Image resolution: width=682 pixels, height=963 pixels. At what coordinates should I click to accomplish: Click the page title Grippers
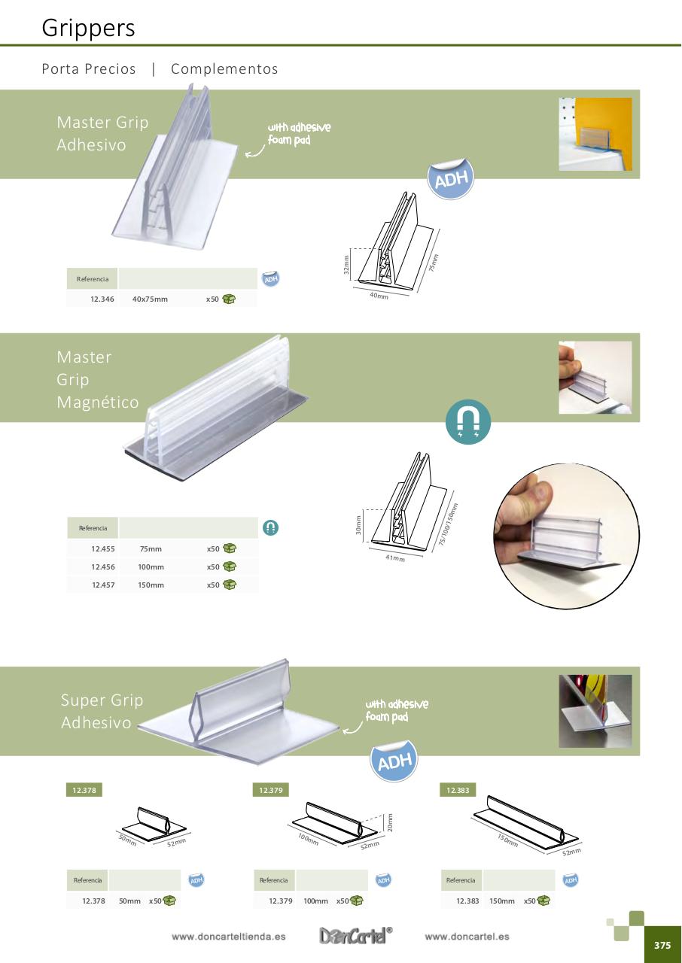[88, 28]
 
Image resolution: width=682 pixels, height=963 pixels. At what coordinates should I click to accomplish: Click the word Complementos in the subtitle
[224, 69]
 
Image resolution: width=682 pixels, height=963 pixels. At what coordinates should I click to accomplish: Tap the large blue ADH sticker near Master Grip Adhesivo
[451, 180]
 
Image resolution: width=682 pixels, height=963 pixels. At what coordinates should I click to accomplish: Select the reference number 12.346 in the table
[102, 299]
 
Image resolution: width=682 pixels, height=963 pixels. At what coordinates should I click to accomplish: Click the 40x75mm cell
[150, 299]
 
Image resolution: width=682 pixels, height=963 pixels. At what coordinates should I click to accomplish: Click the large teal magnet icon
[468, 422]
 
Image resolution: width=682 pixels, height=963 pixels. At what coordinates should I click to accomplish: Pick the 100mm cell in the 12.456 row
[151, 567]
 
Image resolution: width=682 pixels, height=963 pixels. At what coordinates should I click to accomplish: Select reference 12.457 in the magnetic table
[103, 585]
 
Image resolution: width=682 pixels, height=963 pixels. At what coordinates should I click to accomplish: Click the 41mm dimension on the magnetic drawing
[394, 558]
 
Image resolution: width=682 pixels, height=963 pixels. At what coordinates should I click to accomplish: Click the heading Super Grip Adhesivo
[102, 712]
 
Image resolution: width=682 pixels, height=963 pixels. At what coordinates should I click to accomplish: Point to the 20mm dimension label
[389, 823]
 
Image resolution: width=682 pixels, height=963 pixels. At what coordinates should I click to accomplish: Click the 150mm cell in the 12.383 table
[502, 901]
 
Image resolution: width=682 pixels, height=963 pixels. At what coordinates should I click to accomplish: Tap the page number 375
[662, 946]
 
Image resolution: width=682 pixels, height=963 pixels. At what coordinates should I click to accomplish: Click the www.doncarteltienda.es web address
[228, 937]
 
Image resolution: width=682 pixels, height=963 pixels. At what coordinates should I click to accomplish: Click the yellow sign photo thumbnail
[595, 134]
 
